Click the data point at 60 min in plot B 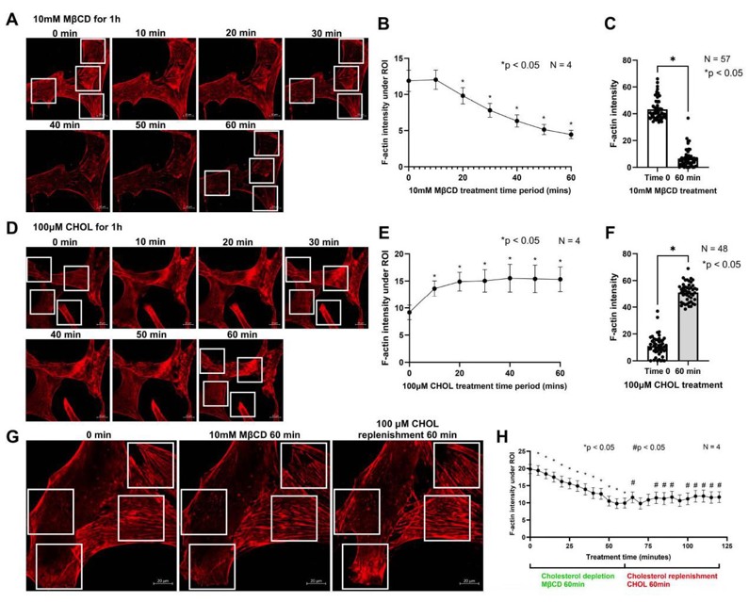571,135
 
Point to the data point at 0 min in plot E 408,312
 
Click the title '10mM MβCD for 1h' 74,21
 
